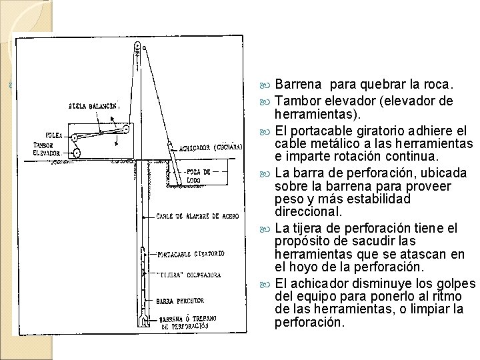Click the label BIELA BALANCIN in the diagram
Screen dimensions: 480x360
click(93, 106)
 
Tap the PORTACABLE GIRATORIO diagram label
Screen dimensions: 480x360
click(191, 254)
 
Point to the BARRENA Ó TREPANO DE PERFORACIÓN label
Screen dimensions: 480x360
click(187, 323)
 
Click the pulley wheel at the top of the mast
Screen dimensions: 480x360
click(137, 47)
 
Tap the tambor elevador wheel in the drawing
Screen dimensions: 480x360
click(77, 153)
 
